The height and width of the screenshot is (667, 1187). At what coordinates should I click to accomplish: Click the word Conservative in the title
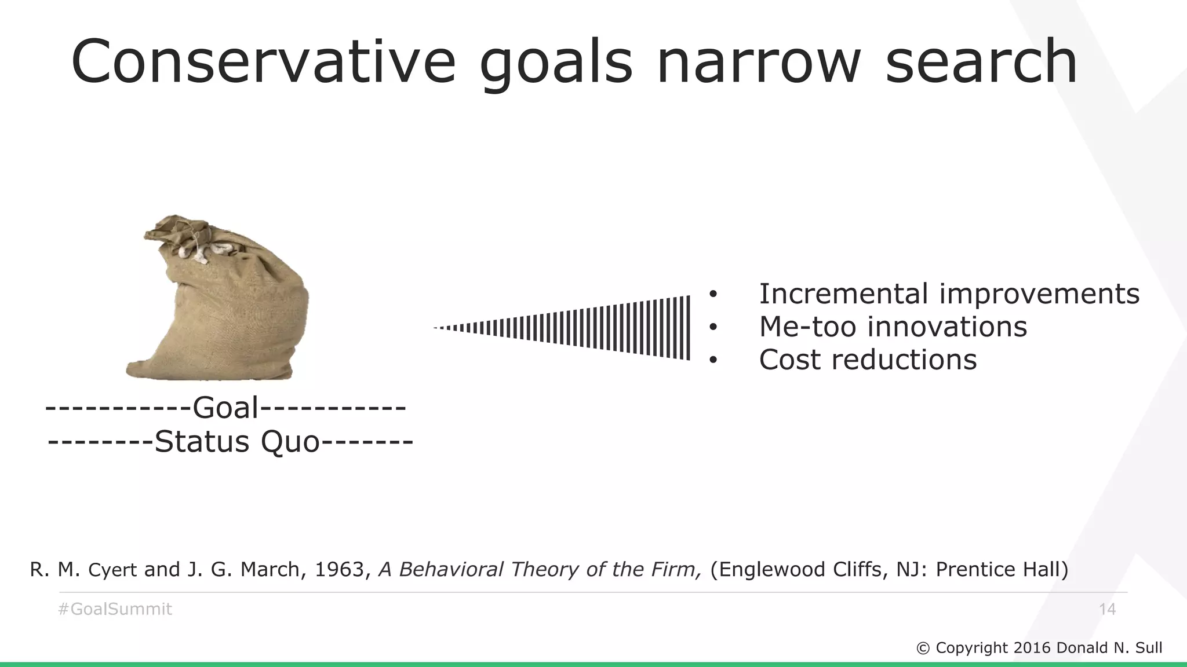click(x=264, y=61)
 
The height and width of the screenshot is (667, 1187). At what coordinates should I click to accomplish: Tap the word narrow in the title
click(x=759, y=61)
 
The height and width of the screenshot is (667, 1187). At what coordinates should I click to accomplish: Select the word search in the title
click(x=981, y=61)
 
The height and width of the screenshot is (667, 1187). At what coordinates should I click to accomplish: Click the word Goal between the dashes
click(x=225, y=408)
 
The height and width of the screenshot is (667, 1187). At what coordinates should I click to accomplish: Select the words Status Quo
click(x=237, y=442)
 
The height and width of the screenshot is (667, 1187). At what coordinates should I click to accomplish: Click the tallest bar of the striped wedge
click(x=688, y=328)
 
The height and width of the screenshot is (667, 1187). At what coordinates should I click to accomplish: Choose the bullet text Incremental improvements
click(x=949, y=294)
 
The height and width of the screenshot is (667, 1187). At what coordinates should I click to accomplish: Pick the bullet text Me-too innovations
click(x=893, y=327)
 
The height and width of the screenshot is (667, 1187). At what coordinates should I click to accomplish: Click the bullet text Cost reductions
click(x=868, y=360)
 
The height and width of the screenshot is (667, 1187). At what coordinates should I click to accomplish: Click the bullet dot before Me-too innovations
click(x=713, y=328)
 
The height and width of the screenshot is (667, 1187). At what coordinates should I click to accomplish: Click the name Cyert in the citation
click(x=112, y=570)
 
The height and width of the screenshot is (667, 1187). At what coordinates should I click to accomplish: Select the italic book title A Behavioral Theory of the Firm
click(x=540, y=570)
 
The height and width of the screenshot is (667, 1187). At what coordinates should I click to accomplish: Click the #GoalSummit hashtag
click(x=115, y=609)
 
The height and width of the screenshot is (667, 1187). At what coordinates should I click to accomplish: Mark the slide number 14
click(x=1107, y=609)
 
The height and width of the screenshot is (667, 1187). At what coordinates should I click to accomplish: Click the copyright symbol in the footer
click(x=923, y=648)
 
